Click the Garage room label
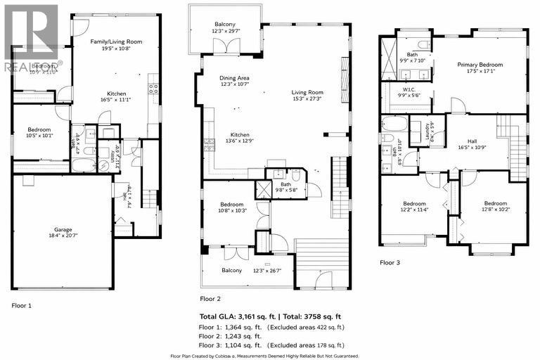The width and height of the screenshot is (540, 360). (x=63, y=229)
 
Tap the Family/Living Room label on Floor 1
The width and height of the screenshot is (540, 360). (x=116, y=42)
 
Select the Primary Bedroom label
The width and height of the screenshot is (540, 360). (x=480, y=65)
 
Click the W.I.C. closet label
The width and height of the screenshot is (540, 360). (x=408, y=89)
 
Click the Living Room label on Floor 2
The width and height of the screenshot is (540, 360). (x=308, y=92)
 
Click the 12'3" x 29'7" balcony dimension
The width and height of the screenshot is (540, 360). (x=225, y=32)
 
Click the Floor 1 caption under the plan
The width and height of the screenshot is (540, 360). (x=22, y=305)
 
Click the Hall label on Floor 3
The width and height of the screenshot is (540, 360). (x=472, y=122)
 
